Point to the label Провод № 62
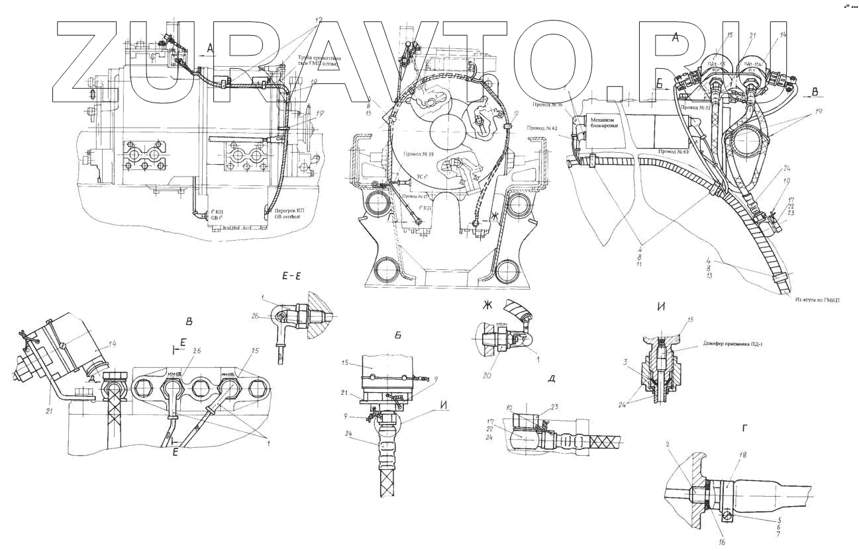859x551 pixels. (542, 127)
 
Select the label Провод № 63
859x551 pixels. (674, 151)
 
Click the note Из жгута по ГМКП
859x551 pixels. (818, 299)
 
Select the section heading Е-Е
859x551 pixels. (293, 278)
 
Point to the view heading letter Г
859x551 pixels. (746, 429)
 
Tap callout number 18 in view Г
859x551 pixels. (742, 456)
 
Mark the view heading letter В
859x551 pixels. (189, 322)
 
